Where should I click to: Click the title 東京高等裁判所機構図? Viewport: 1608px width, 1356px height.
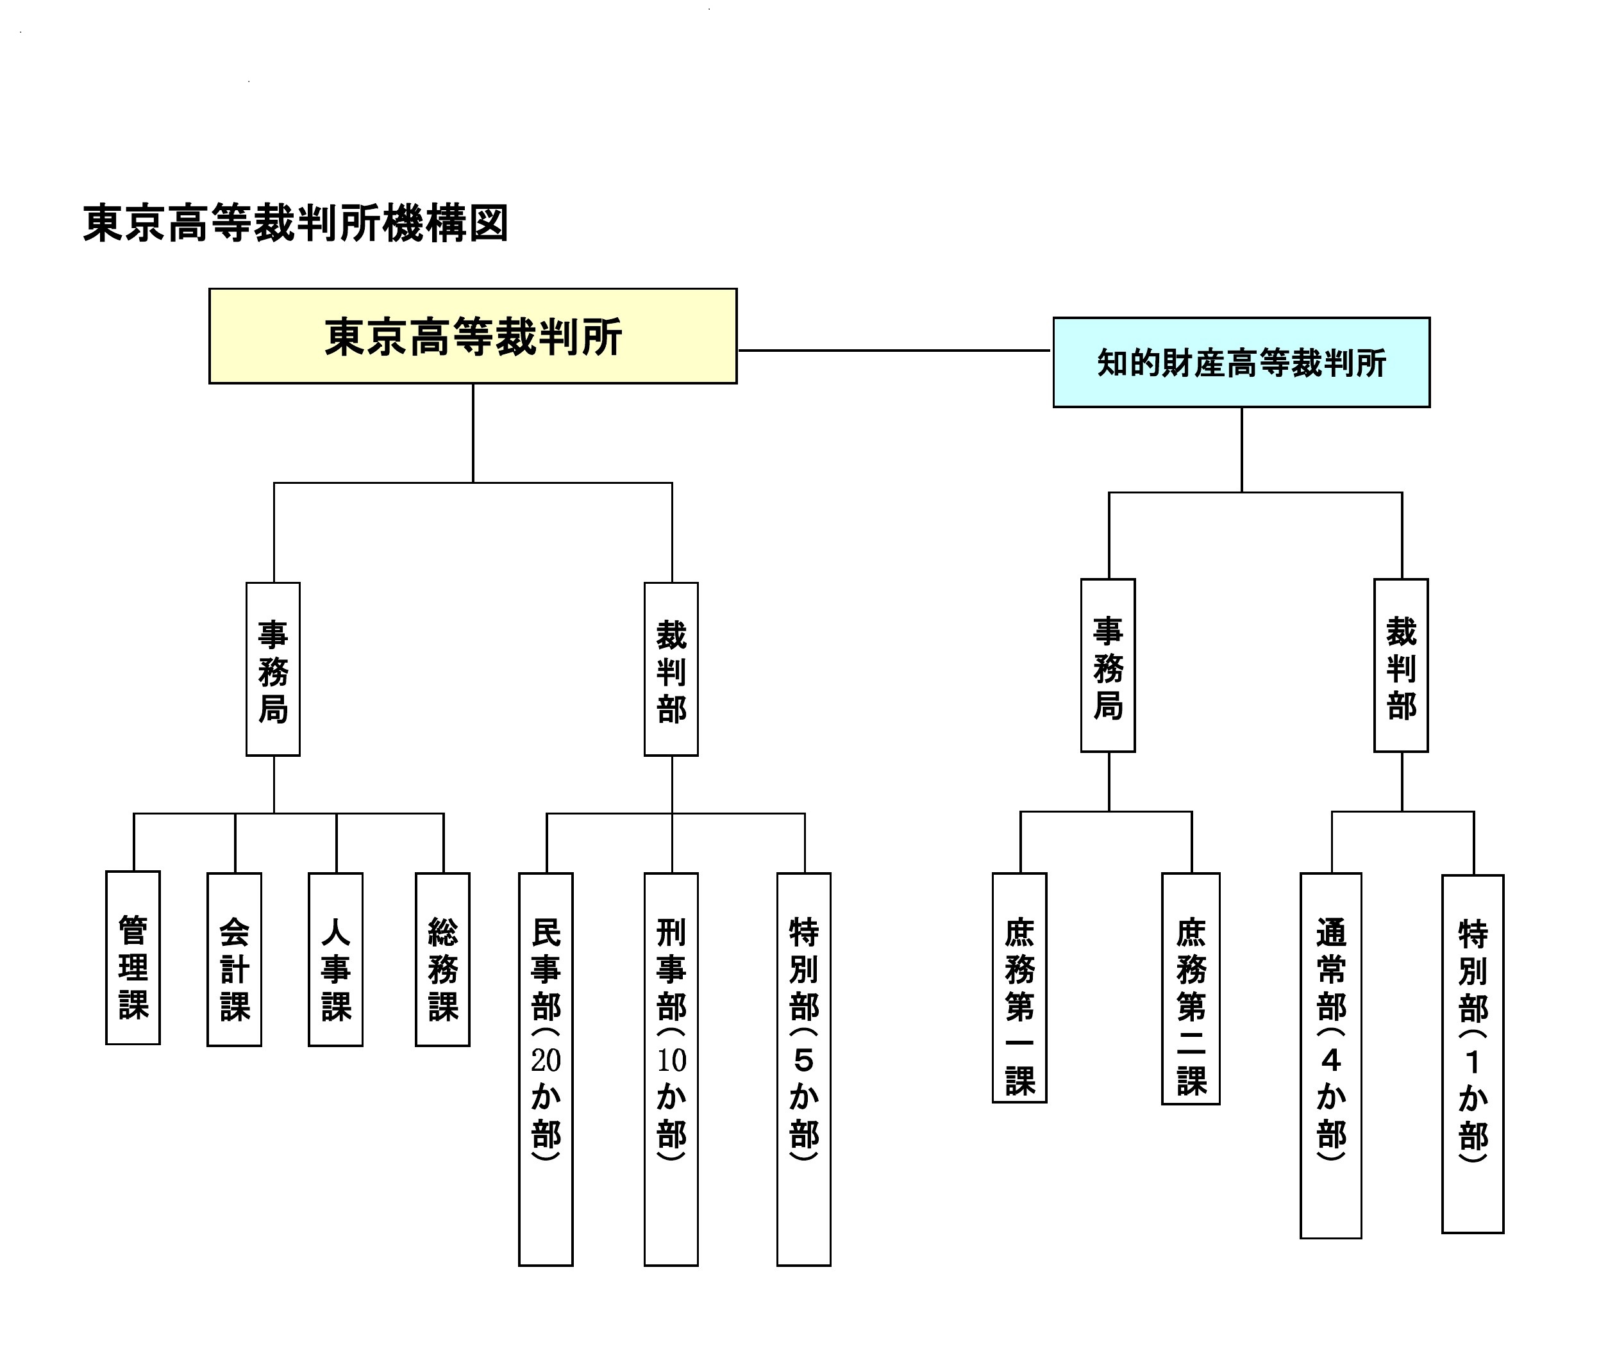click(x=296, y=224)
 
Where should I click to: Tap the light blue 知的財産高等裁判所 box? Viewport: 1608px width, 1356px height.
click(x=1241, y=362)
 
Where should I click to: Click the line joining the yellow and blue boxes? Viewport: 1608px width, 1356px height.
click(x=894, y=351)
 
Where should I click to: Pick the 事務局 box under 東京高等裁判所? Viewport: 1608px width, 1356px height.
click(x=273, y=669)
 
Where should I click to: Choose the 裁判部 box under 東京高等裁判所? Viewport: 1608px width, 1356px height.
click(x=671, y=669)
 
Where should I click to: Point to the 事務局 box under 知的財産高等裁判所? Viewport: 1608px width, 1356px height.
click(x=1107, y=666)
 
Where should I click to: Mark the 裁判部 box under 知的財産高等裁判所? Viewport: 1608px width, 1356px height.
click(x=1400, y=666)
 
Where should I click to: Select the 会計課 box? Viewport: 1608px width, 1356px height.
click(x=235, y=959)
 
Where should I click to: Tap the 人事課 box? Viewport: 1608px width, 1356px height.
click(x=335, y=959)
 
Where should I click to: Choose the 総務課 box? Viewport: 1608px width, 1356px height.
click(x=442, y=959)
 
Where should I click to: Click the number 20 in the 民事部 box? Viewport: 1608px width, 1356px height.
click(x=546, y=1061)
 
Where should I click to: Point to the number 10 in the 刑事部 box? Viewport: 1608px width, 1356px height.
click(x=671, y=1061)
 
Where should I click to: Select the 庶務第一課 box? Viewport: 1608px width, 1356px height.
click(x=1019, y=988)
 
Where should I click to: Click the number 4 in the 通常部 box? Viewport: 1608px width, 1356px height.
click(x=1331, y=1061)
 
